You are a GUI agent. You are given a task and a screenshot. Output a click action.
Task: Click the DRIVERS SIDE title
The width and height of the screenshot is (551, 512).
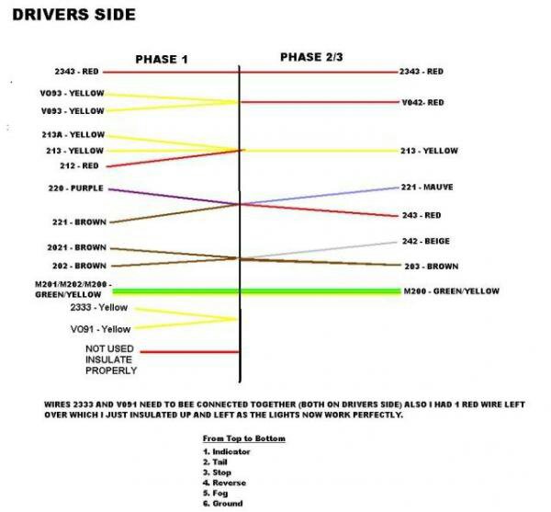73,15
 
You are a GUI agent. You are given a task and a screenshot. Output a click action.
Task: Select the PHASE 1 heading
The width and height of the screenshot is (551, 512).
162,60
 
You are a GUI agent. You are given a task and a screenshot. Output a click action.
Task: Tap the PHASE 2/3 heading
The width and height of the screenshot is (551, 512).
311,57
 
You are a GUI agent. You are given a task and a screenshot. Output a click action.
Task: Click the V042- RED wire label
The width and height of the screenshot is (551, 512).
422,103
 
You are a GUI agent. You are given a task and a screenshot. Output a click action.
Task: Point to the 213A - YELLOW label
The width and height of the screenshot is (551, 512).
73,135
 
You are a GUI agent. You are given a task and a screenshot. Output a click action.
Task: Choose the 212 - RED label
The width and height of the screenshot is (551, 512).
79,166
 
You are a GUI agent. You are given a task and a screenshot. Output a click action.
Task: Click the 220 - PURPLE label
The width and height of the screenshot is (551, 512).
76,188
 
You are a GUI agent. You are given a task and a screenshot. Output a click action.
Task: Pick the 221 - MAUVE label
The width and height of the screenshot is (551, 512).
427,188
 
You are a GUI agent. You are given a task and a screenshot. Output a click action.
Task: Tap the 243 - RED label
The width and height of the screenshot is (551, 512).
422,215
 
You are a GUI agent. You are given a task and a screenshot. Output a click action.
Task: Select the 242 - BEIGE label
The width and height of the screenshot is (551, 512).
426,241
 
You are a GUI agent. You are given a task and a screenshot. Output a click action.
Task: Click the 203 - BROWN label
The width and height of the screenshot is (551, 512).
432,267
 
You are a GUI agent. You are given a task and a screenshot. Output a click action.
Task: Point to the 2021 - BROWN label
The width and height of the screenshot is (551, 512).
76,247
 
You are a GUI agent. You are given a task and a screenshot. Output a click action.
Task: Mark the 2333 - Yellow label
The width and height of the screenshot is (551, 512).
99,307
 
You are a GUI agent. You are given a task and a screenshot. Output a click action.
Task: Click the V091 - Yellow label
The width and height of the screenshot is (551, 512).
100,329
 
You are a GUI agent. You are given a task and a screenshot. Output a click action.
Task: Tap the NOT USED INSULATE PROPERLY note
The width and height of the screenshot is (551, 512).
111,359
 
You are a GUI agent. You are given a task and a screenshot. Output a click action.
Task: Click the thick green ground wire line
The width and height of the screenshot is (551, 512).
256,291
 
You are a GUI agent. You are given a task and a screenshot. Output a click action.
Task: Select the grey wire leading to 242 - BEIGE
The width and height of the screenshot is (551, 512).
318,250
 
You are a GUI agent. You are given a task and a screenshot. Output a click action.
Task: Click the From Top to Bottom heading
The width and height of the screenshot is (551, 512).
244,438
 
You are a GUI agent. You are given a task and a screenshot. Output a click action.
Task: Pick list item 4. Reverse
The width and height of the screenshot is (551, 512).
224,483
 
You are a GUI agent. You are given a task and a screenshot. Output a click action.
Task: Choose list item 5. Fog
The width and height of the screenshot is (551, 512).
215,494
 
